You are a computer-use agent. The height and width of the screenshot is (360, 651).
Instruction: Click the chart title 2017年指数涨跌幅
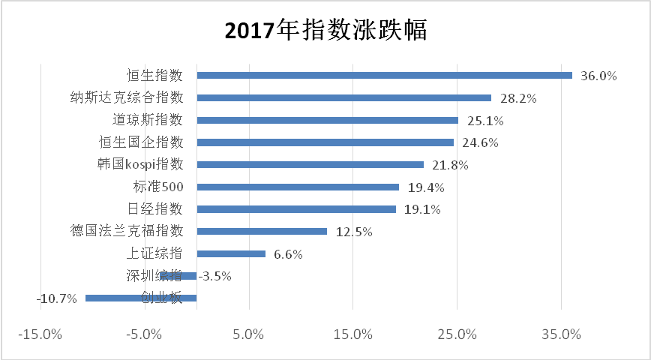pos(325,31)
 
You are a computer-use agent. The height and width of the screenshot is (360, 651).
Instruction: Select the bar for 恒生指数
pos(384,75)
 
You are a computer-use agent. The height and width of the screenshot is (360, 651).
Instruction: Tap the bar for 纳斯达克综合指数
pos(343,97)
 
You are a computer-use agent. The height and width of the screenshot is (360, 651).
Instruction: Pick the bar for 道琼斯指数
pos(327,120)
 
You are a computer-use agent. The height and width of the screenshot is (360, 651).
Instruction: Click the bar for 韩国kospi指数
pos(310,164)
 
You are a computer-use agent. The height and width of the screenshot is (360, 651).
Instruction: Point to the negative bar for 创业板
pos(141,298)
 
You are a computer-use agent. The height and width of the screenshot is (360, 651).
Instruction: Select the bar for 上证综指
pos(231,253)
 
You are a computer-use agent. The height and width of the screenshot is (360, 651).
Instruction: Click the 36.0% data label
pos(598,76)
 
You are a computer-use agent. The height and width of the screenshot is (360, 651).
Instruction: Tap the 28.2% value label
pos(517,98)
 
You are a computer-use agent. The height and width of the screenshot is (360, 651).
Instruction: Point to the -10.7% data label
pos(57,298)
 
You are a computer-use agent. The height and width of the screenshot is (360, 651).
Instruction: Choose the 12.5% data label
pos(354,232)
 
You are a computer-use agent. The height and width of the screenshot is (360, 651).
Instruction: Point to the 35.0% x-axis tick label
pos(561,334)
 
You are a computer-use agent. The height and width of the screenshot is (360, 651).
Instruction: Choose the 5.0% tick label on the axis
pos(249,334)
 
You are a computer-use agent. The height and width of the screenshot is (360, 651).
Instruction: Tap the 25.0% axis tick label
pos(457,334)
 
